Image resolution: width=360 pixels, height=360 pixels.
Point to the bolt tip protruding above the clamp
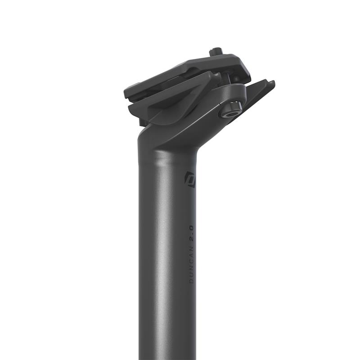(x=216, y=51)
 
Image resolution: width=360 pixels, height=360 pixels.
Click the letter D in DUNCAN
(x=191, y=281)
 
